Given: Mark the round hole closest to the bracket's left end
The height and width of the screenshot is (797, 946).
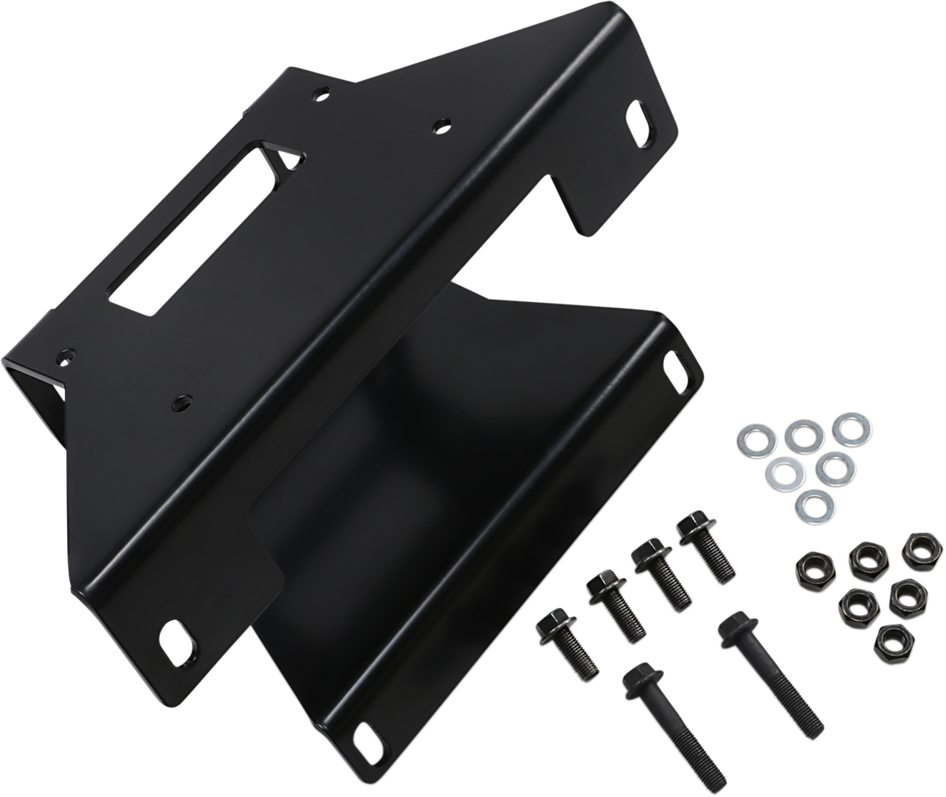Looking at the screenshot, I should click(x=63, y=358).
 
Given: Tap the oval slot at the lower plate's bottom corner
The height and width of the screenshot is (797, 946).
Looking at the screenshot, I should click(x=368, y=738).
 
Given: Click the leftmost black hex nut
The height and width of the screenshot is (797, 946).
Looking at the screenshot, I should click(x=812, y=569).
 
